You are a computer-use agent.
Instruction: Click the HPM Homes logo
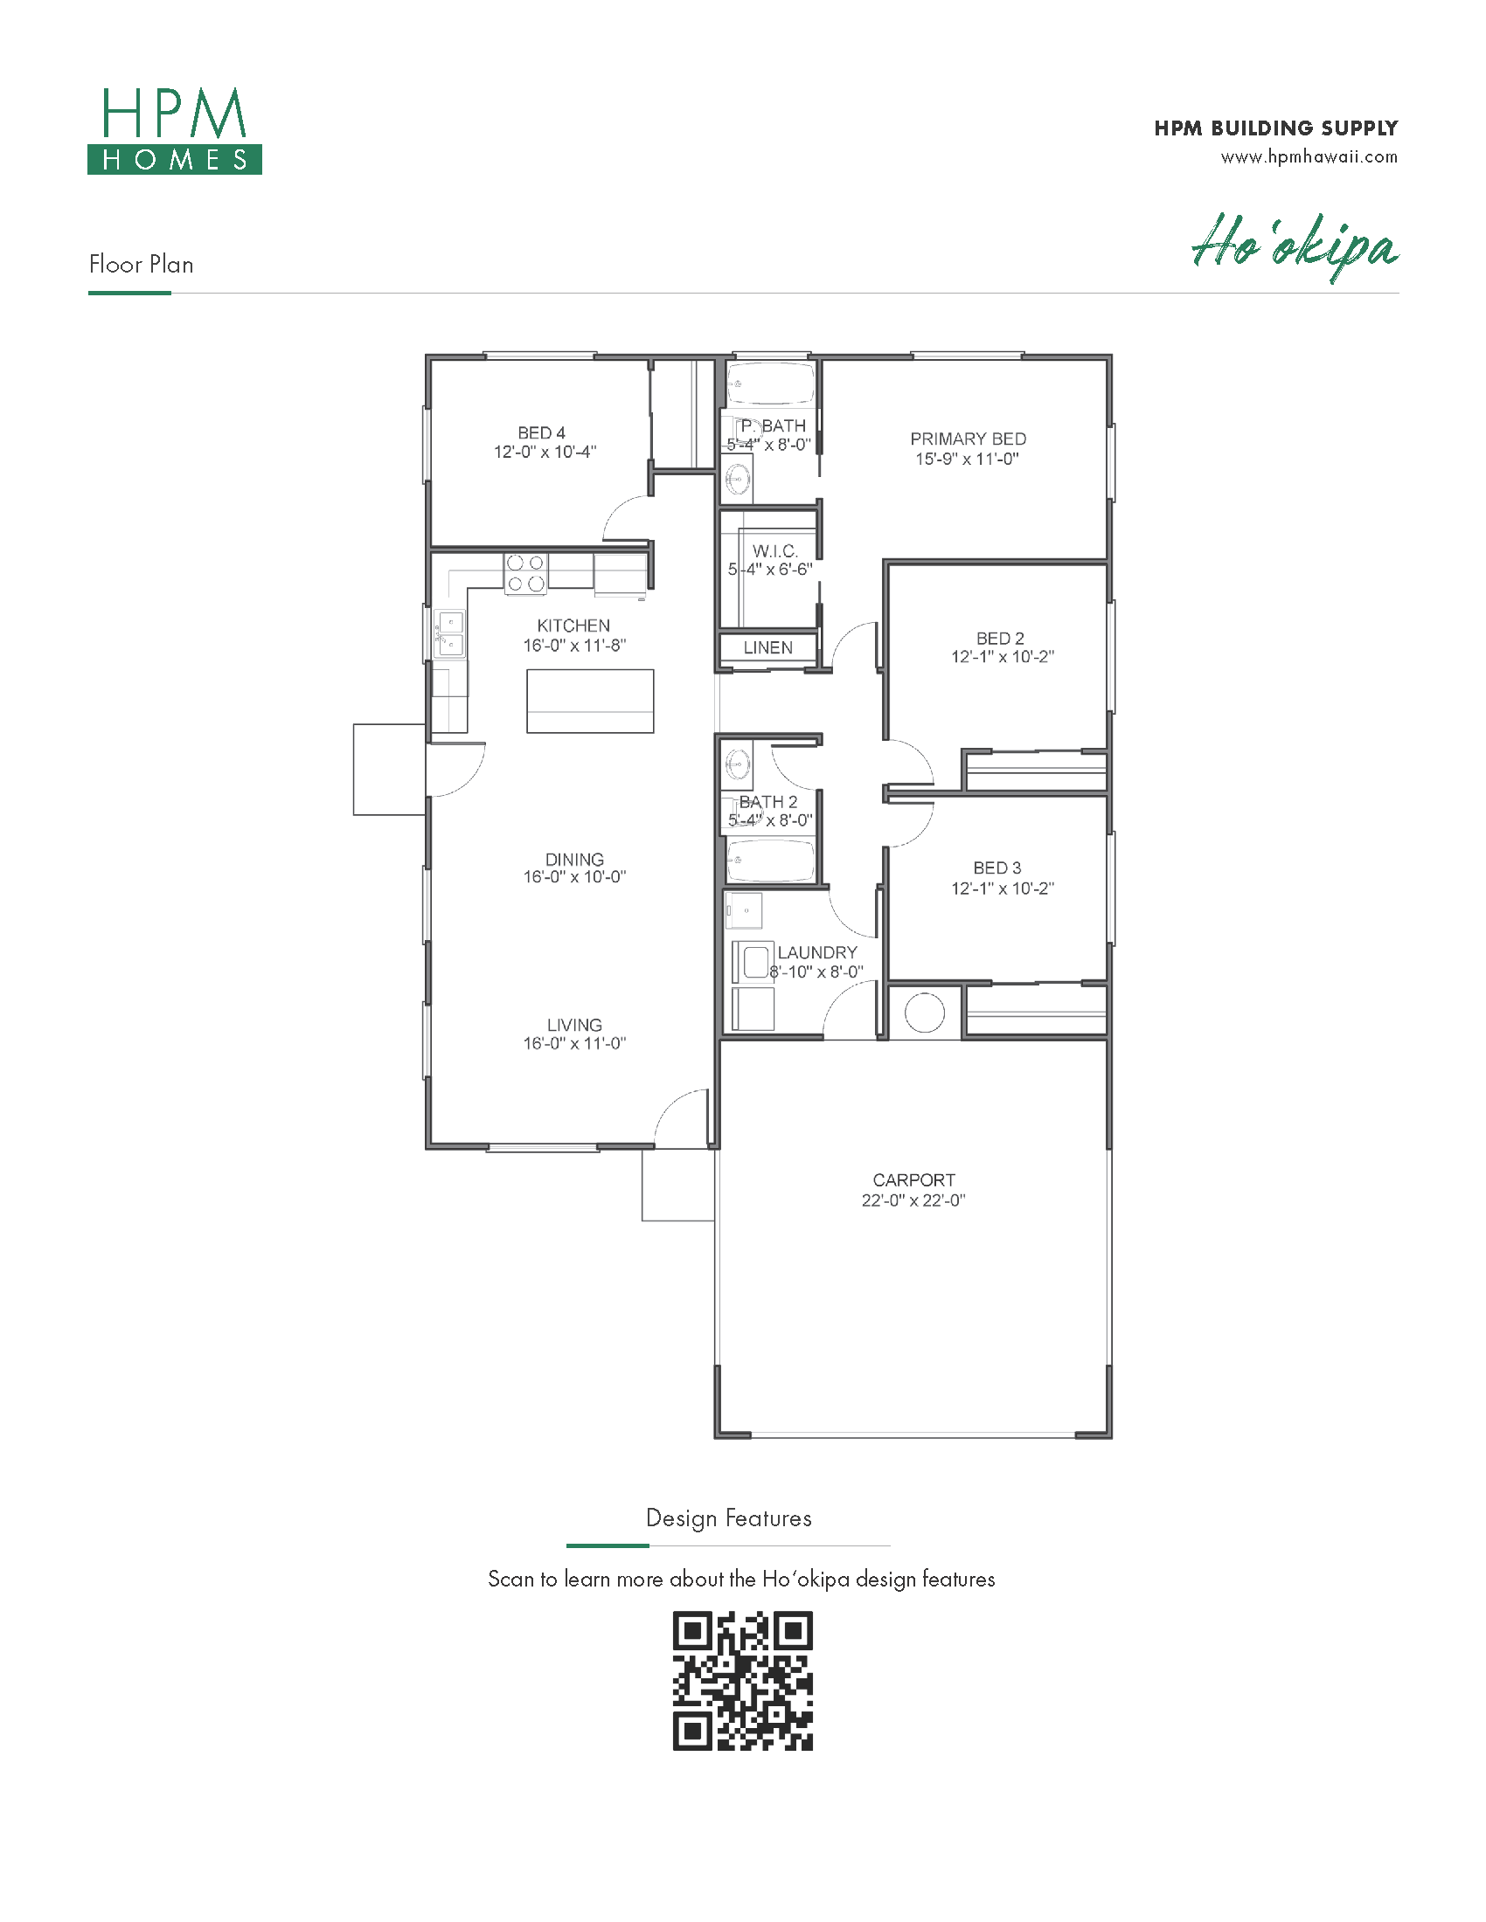pyautogui.click(x=174, y=130)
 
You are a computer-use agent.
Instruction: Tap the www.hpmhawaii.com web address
pyautogui.click(x=1309, y=157)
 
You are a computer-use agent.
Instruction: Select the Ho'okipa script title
pyautogui.click(x=1295, y=246)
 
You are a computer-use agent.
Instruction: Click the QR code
pyautogui.click(x=742, y=1681)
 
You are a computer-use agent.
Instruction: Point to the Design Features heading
pyautogui.click(x=729, y=1518)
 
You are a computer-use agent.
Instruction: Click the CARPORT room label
pyautogui.click(x=913, y=1180)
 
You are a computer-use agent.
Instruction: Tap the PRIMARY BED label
pyautogui.click(x=968, y=439)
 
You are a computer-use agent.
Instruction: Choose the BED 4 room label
pyautogui.click(x=541, y=433)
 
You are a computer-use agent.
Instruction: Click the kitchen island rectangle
pyautogui.click(x=590, y=702)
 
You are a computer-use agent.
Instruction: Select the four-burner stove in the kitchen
pyautogui.click(x=525, y=573)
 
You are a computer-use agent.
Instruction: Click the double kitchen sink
pyautogui.click(x=450, y=633)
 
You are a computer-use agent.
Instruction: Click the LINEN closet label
pyautogui.click(x=767, y=647)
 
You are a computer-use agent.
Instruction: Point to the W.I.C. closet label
pyautogui.click(x=775, y=551)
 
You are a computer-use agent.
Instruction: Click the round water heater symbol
pyautogui.click(x=924, y=1012)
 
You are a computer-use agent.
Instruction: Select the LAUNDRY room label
pyautogui.click(x=817, y=952)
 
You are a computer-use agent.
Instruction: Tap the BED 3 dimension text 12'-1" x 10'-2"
pyautogui.click(x=1002, y=888)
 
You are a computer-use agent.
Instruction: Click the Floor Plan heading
pyautogui.click(x=141, y=264)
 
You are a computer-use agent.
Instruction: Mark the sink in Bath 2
pyautogui.click(x=738, y=762)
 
